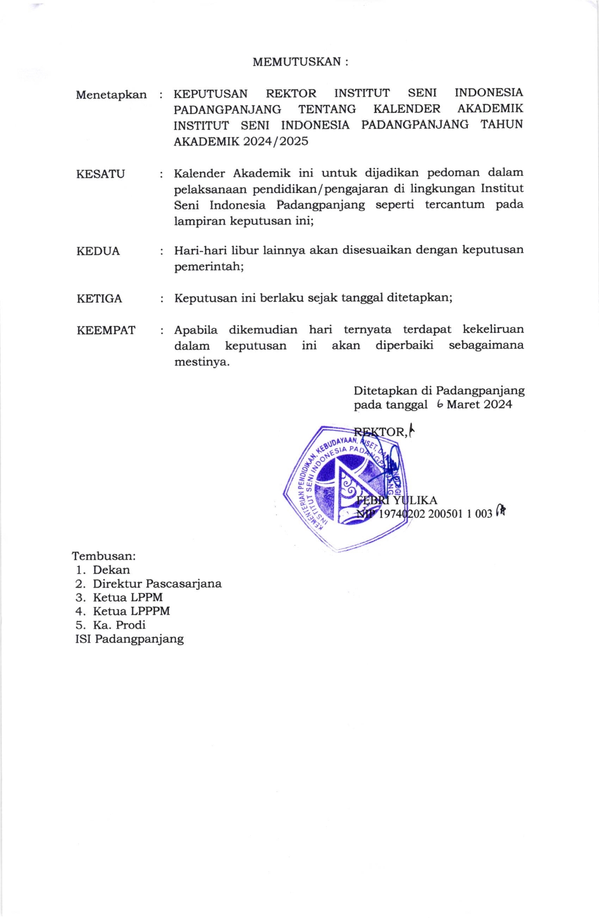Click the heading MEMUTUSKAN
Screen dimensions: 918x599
pos(300,62)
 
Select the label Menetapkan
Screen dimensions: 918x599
pos(111,95)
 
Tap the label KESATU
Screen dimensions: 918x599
pos(101,174)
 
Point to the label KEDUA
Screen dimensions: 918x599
pos(98,251)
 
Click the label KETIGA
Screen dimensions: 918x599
pos(99,299)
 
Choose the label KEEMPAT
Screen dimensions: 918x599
pos(106,330)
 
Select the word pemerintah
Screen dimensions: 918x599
pos(209,267)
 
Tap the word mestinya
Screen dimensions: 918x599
pos(202,362)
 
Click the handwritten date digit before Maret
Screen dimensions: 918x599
pos(440,404)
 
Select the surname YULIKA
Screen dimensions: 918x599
pos(415,500)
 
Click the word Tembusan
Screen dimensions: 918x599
pos(103,556)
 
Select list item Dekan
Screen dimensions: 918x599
pos(111,570)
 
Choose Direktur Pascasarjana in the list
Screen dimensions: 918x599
pos(157,584)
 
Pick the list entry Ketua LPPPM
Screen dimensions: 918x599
pos(131,611)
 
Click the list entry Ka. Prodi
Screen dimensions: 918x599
pos(119,625)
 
